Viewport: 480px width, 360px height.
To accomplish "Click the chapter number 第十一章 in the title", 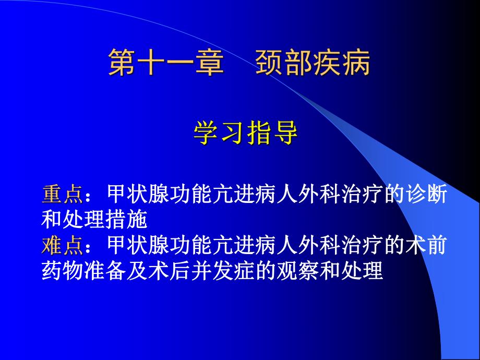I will pos(166,64).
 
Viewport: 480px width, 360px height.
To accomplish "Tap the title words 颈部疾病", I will pos(313,64).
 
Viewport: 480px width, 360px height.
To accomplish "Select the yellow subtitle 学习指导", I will pos(246,133).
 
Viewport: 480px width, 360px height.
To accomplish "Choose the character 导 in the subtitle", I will pos(285,133).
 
